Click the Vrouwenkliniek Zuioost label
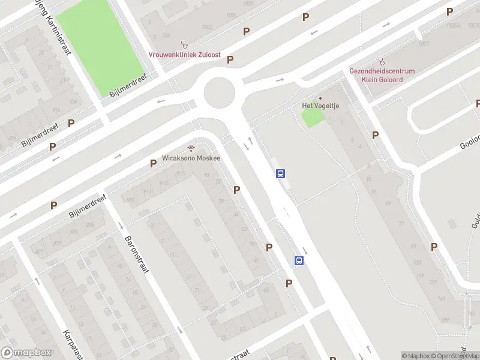click(184, 55)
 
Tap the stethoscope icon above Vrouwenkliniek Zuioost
click(185, 44)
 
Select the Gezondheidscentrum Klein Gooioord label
click(382, 74)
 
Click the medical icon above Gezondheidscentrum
click(382, 61)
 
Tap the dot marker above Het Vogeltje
click(320, 98)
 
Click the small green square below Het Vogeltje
click(312, 118)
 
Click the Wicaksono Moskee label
click(191, 158)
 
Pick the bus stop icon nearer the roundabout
click(280, 174)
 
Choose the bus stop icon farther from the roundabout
click(299, 260)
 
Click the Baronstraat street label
click(137, 254)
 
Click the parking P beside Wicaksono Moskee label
click(153, 163)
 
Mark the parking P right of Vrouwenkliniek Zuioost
click(230, 60)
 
